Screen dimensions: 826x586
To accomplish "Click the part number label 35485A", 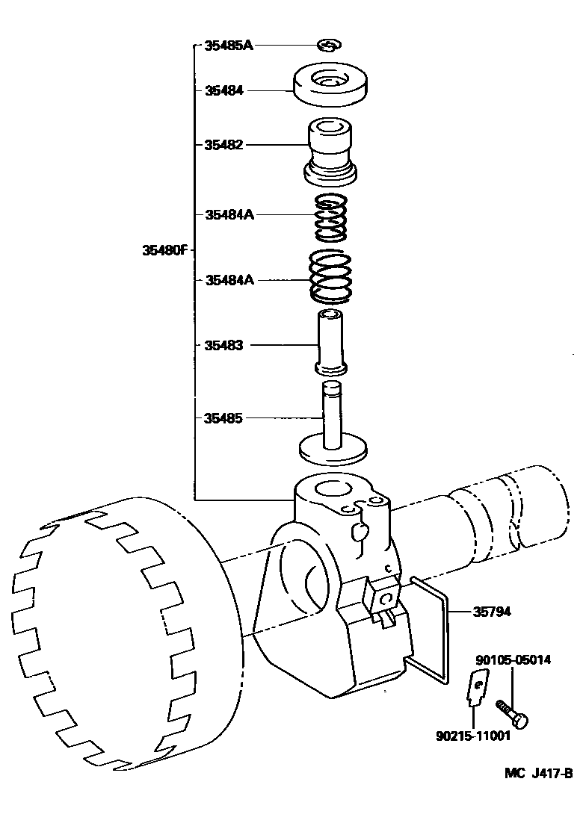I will [229, 46].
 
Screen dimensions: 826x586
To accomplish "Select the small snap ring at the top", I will [328, 46].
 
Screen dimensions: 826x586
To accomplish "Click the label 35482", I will [223, 144].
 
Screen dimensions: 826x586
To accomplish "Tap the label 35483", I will [223, 345].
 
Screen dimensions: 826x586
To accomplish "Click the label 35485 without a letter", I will [223, 418].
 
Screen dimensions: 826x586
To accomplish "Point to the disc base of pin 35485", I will [334, 451].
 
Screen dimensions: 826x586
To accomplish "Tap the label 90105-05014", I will [514, 659].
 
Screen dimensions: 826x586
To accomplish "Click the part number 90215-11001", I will [472, 736].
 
